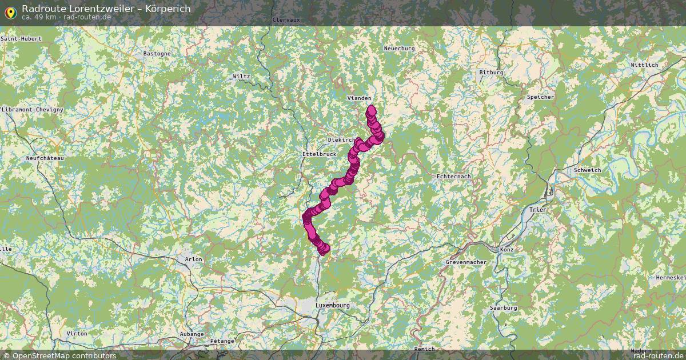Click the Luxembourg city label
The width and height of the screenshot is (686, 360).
tap(332, 306)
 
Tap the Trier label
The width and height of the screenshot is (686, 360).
tap(538, 210)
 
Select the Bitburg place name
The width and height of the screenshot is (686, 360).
tap(491, 73)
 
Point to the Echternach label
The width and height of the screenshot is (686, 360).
tap(453, 177)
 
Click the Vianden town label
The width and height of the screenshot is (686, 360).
tap(359, 98)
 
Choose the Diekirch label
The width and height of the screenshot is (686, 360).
tap(341, 140)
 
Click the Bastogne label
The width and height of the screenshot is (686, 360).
tap(157, 54)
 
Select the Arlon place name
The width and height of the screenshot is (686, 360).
tap(194, 259)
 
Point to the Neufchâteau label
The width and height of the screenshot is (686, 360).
tap(45, 158)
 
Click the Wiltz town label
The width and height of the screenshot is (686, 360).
tap(242, 77)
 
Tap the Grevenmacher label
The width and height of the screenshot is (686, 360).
tap(466, 262)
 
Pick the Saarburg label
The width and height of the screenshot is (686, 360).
tap(503, 308)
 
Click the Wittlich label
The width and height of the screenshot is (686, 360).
tap(644, 65)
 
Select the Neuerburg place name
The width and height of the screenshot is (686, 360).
tap(399, 49)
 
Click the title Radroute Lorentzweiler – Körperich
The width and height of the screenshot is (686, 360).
tap(106, 9)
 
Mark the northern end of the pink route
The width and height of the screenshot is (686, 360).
tap(371, 109)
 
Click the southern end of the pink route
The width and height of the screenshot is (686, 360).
tap(324, 249)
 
